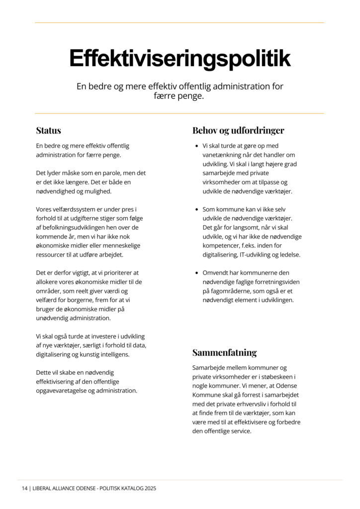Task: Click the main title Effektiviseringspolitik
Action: [180, 58]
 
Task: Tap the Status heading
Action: [48, 131]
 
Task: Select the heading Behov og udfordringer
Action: [238, 131]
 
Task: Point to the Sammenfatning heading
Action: [224, 353]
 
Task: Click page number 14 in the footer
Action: [24, 489]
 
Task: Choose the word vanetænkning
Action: [225, 155]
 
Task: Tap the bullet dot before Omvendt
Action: [196, 273]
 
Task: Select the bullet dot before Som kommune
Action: [196, 209]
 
